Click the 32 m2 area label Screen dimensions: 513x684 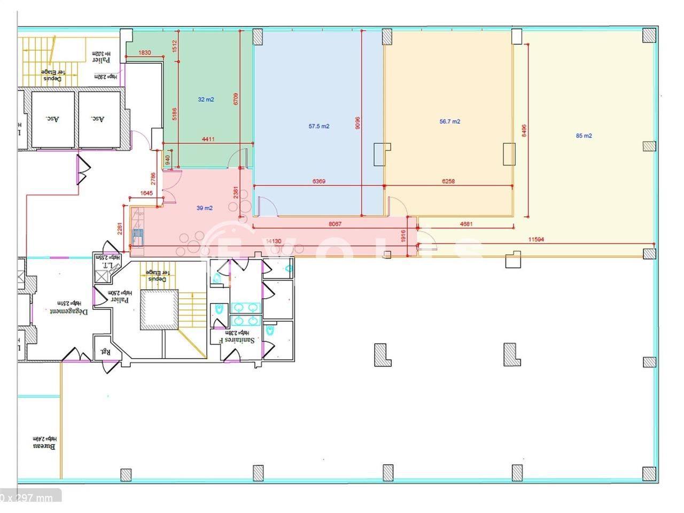(206, 99)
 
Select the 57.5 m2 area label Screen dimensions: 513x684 (319, 127)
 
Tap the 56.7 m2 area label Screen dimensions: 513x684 (450, 121)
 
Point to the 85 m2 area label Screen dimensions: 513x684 (584, 136)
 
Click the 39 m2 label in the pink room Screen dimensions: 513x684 (204, 208)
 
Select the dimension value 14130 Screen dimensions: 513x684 (274, 241)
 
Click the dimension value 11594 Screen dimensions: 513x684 (536, 239)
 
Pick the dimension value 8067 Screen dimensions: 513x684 (335, 224)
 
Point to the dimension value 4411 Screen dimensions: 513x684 (208, 139)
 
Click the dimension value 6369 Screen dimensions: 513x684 (318, 181)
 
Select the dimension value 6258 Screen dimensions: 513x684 (448, 181)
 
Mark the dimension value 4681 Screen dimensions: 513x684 (466, 224)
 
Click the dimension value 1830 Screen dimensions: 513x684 (144, 52)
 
